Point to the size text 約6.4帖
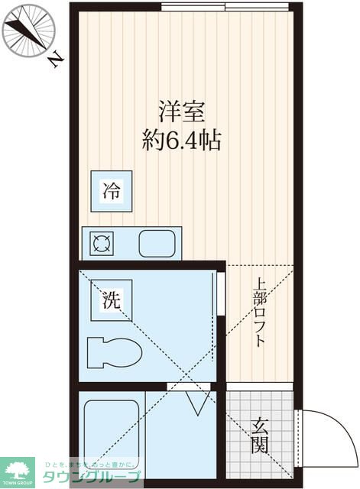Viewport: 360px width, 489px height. (x=181, y=141)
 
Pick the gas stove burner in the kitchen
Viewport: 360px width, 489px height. (x=102, y=244)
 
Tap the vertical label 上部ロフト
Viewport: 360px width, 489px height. (x=259, y=313)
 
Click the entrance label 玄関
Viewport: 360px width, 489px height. (x=260, y=433)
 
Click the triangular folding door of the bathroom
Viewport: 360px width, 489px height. (x=196, y=403)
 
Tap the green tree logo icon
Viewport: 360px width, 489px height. (x=18, y=468)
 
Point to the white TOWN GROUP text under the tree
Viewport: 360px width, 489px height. (x=18, y=484)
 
